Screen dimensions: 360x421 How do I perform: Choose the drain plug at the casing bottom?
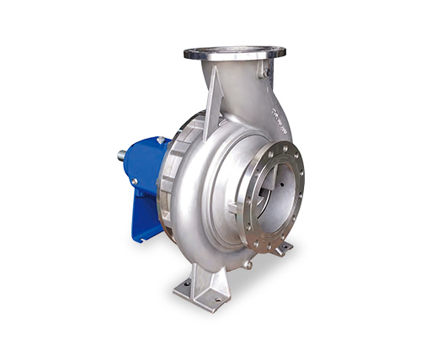(248, 265)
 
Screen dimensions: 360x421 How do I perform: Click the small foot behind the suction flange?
(282, 248)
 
